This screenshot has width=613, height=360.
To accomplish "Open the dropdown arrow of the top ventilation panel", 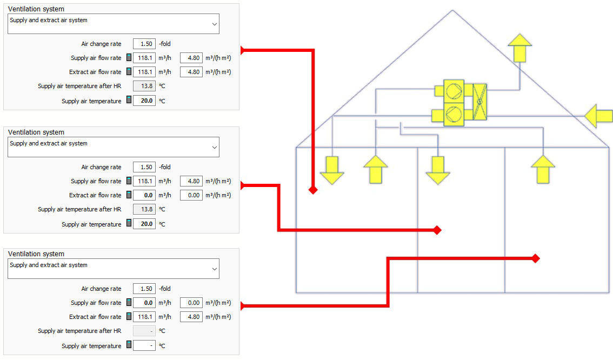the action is pos(214,24).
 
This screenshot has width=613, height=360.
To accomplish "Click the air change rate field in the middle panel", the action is pos(144,167).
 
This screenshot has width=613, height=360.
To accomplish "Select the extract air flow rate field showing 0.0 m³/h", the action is pos(144,195).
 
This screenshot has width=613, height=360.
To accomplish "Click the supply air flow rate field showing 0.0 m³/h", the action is pos(144,303).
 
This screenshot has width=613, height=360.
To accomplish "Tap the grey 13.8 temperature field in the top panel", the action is pos(144,86).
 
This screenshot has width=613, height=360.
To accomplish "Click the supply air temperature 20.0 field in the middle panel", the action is pos(144,224).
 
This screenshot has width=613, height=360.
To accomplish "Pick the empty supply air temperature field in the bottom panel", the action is pos(144,345).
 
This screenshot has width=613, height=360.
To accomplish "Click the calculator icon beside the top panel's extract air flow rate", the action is pos(129,71).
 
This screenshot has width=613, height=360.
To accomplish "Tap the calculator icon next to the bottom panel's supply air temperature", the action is pos(129,345).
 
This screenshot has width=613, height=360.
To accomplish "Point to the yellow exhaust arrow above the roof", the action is pos(519,48).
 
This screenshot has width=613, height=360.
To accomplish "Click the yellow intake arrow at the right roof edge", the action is pos(598,116).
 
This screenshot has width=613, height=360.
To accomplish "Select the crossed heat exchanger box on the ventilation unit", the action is pos(479,102).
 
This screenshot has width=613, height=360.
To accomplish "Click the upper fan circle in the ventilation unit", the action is pos(454,91).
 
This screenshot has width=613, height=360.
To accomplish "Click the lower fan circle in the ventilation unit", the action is pos(454,115).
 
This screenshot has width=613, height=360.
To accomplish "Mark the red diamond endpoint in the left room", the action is pos(313,190).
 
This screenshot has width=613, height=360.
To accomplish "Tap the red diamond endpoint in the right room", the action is pos(536,258).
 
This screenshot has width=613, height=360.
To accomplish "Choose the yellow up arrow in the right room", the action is pos(543,169).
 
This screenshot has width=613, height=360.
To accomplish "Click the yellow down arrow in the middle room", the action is pos(438,170).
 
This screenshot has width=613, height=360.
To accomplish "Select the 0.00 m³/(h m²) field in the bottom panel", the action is pos(191,303).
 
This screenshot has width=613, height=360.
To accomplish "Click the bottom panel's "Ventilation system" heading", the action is pos(36,254).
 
